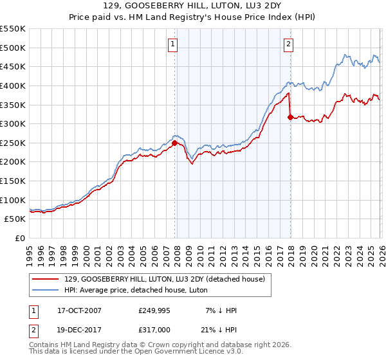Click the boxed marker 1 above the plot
click(x=174, y=44)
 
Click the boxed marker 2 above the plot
click(x=288, y=44)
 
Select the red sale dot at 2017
click(x=290, y=117)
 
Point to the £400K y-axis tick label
click(x=13, y=85)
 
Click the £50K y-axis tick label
click(x=15, y=219)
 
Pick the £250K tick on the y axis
click(x=13, y=143)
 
